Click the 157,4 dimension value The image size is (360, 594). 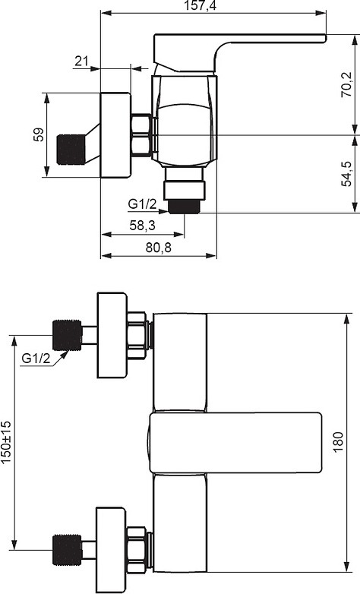point(200,5)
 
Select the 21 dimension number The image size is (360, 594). point(81,61)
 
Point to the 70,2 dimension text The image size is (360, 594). point(346,84)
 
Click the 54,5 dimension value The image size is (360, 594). point(346,174)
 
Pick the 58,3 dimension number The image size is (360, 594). point(143,226)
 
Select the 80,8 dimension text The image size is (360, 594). point(159,248)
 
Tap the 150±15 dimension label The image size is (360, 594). point(6,442)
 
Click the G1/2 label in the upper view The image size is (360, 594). point(142,204)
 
